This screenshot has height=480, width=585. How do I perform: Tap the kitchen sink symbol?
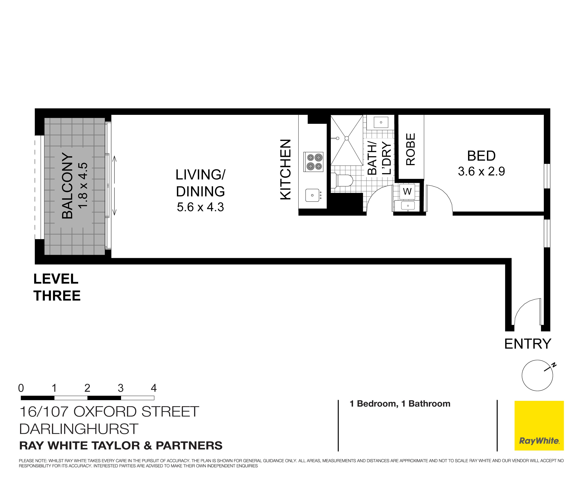(312, 195)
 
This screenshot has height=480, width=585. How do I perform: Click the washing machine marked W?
(407, 191)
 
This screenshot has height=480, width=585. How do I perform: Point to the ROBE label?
(411, 149)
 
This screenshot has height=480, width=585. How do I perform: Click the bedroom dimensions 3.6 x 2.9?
(481, 171)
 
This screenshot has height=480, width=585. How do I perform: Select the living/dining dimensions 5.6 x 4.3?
(200, 207)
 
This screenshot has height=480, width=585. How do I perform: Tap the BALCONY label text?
(67, 186)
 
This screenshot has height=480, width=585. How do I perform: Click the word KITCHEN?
(286, 169)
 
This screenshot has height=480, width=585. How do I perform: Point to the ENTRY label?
(527, 344)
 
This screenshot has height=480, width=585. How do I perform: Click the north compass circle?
(537, 375)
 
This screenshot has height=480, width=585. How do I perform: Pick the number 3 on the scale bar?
(120, 388)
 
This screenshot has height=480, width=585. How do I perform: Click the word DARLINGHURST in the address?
(79, 429)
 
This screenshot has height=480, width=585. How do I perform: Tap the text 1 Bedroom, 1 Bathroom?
(400, 404)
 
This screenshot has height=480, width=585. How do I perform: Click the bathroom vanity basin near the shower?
(381, 122)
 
